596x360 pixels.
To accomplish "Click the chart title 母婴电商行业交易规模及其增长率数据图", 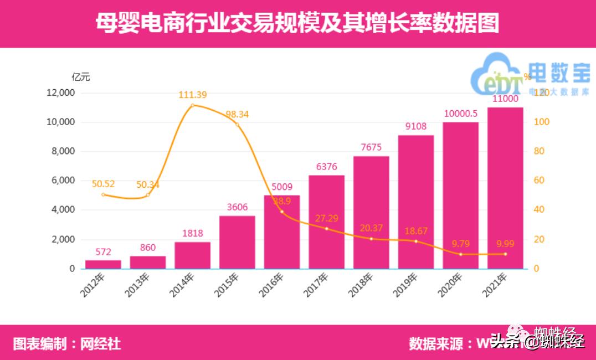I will [x=297, y=24].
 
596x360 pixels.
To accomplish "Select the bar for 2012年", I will [x=103, y=264].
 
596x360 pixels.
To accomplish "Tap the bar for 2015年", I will [x=237, y=242].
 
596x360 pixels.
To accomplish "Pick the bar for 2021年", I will [x=505, y=188].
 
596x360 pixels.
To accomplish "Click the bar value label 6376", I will [x=326, y=167].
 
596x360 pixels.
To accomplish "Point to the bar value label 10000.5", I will [x=460, y=114].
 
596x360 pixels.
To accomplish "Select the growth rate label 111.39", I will [x=193, y=95].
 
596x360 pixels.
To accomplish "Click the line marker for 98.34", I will [x=237, y=125].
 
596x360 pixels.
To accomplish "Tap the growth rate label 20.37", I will [x=371, y=229].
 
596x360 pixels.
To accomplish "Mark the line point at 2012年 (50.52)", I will [x=103, y=194].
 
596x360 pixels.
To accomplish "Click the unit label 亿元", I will [x=81, y=77].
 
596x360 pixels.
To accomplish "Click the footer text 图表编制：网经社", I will [x=67, y=343].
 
